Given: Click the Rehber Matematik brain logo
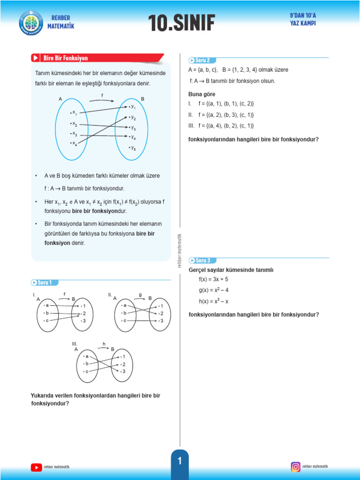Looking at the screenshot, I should coord(31,22).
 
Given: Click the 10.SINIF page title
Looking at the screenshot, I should coord(181,23).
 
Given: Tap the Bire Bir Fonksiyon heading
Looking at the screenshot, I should coord(65,58).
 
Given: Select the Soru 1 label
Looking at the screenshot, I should coord(45,282).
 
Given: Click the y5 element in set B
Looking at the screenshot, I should coord(133,148).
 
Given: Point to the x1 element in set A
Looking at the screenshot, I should coord(74,112).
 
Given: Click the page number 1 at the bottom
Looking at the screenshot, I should coord(180,462).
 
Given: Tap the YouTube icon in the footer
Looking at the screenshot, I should coord(36,467).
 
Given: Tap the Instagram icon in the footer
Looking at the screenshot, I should coord(296,466).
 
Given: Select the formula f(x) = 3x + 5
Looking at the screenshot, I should coord(213,279).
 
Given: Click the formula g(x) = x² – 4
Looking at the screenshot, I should coord(214,290).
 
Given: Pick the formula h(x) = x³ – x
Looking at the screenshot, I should coord(214,301).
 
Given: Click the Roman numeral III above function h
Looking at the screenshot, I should coord(75,343).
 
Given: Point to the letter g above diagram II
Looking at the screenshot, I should coord(140,294).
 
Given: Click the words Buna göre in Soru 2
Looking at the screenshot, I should coord(202,94).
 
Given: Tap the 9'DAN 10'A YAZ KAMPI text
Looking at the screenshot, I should coord(303,20).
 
